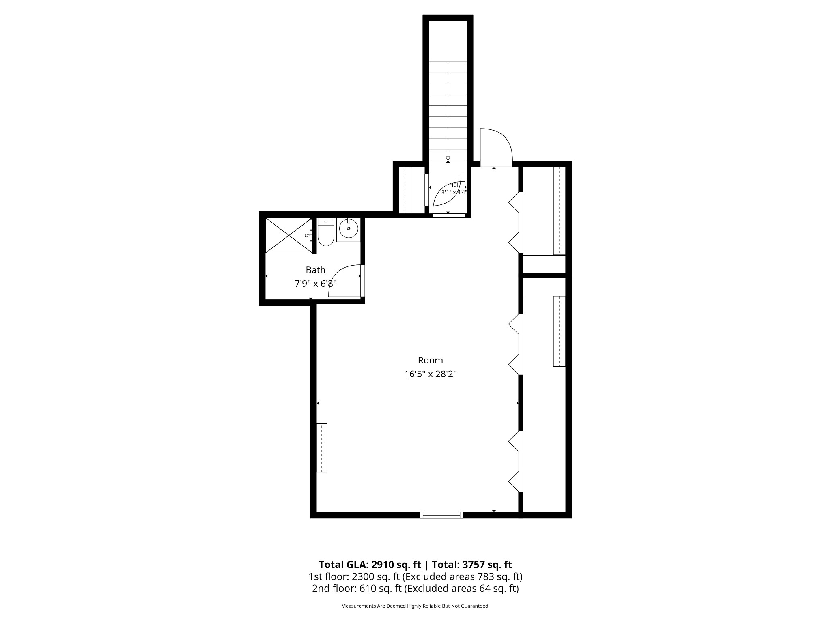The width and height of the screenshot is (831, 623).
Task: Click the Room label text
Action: point(430,360)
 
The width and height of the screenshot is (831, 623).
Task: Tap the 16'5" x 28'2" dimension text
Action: point(430,374)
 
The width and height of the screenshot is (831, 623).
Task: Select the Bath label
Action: point(315,270)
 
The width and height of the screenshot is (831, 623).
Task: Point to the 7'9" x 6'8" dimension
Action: point(315,284)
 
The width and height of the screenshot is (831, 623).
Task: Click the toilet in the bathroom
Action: point(325,232)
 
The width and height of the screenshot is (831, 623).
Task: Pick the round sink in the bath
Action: point(349,229)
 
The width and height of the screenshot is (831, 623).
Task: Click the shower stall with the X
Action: point(289,235)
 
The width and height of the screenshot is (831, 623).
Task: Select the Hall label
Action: point(454,185)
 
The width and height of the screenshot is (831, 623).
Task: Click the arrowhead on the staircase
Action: point(448,159)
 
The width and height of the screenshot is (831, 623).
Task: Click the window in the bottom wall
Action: point(441,515)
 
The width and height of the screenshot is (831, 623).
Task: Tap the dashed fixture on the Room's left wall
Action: point(322,447)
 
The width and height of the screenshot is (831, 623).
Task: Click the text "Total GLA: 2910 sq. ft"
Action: point(370,565)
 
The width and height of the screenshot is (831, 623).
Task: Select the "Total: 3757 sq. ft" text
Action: point(472,565)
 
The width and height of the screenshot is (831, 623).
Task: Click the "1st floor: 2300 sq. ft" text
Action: point(354,576)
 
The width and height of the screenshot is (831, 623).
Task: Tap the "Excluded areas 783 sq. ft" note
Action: point(463,576)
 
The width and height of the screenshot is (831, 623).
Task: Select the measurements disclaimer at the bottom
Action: point(415,606)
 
